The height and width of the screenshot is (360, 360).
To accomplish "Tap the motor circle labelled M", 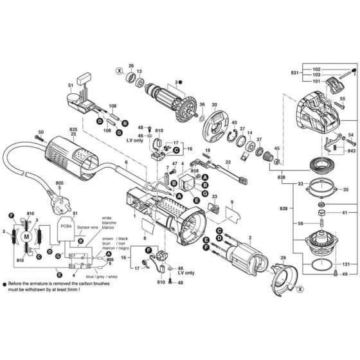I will [26, 237].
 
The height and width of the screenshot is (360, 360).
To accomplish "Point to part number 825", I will [73, 130].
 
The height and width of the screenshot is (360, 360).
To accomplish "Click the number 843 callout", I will [351, 151].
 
